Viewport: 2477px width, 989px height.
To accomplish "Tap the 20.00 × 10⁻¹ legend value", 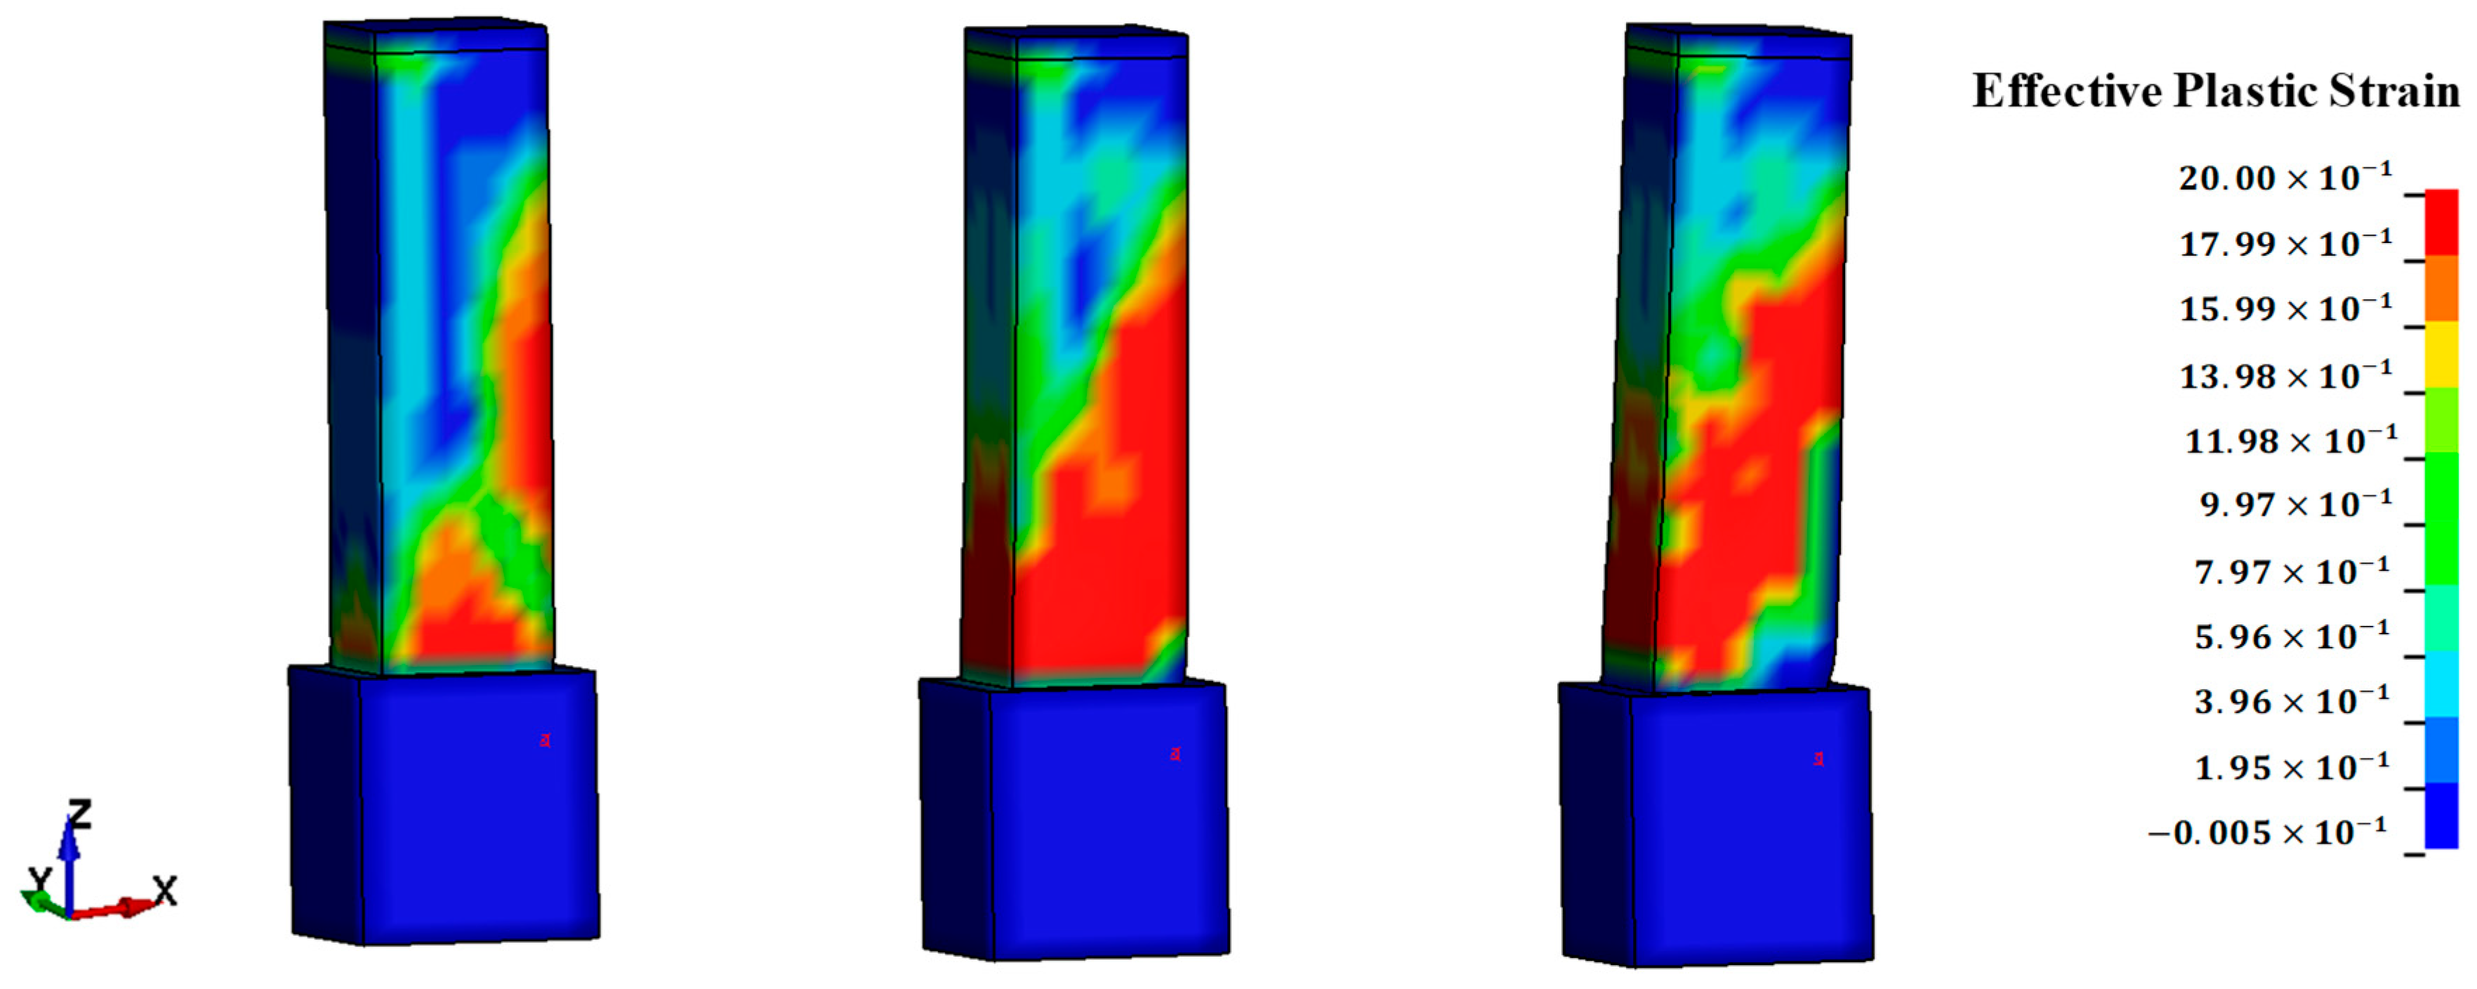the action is [x=2285, y=177].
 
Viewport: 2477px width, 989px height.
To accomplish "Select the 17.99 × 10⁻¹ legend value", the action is [x=2285, y=244].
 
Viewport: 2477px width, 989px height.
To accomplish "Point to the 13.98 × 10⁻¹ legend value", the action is [x=2285, y=375].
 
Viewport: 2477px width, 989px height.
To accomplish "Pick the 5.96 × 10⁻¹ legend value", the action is [x=2292, y=636].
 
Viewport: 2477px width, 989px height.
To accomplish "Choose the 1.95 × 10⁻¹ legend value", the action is [x=2292, y=767].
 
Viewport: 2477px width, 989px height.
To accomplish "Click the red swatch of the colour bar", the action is [x=2441, y=222].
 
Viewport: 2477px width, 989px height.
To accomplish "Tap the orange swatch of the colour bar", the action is [x=2441, y=289].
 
